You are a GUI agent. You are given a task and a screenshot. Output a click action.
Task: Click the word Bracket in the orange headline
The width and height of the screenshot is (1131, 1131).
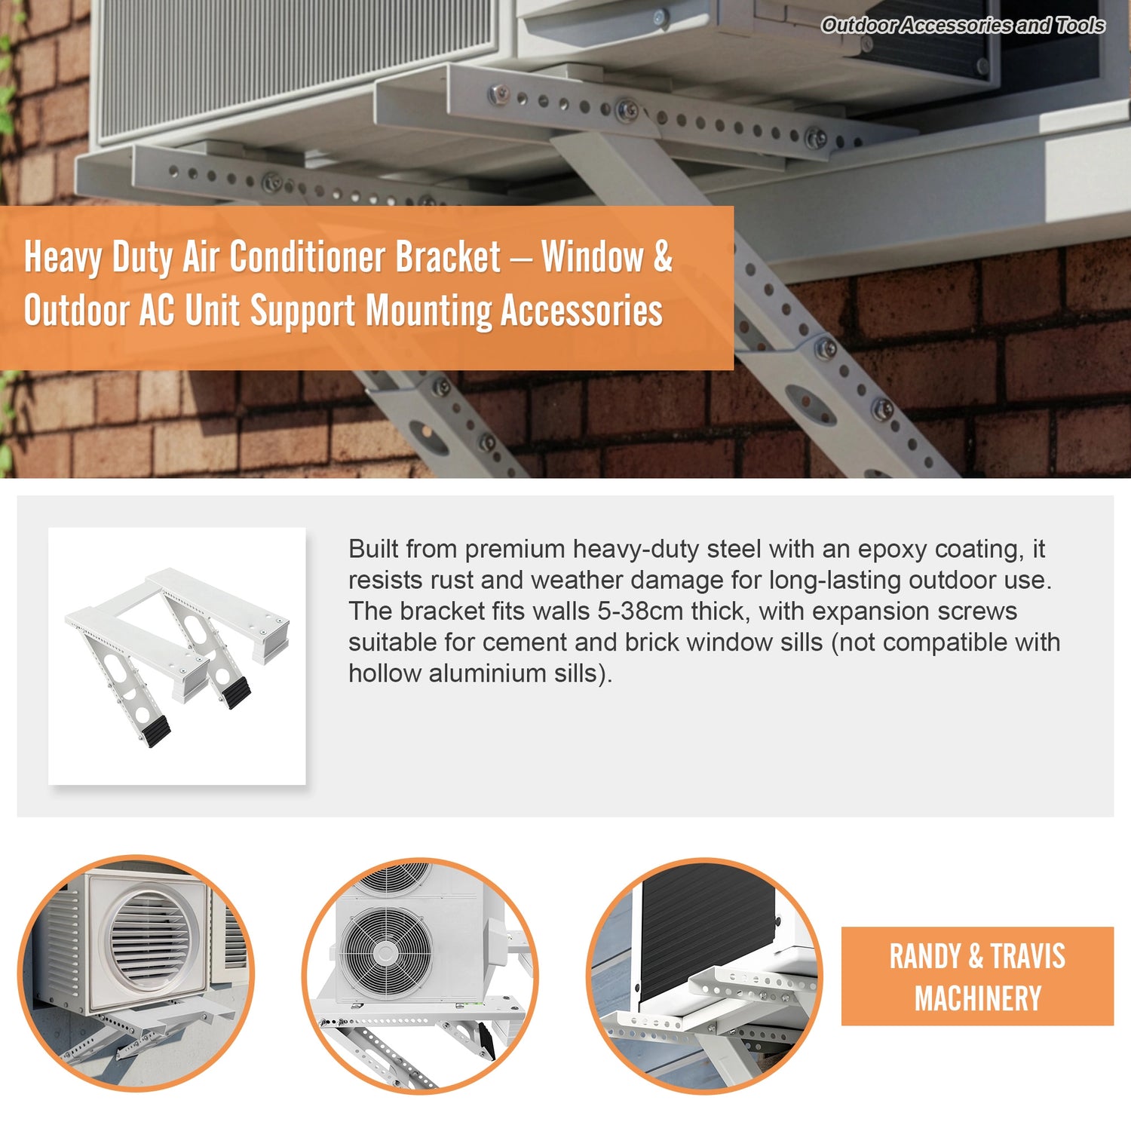coord(448,257)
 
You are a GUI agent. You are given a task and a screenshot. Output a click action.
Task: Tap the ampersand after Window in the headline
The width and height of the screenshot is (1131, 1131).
coord(662,257)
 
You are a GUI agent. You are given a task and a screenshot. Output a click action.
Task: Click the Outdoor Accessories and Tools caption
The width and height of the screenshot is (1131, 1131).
coord(963,25)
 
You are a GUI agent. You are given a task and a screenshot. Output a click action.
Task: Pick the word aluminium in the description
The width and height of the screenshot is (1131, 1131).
coord(489,673)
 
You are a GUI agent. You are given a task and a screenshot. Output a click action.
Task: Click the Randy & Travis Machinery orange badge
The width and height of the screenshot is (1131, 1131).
coord(977,976)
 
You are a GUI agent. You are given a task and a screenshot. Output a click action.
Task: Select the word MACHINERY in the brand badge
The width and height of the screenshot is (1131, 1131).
coord(978,998)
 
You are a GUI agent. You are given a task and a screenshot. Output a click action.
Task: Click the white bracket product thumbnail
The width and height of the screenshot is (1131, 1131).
coord(177,656)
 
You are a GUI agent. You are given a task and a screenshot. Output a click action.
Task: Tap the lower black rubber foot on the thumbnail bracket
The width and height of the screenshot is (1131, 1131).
coord(156,731)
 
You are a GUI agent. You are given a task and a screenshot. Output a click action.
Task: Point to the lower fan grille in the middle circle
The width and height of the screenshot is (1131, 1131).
coord(385,953)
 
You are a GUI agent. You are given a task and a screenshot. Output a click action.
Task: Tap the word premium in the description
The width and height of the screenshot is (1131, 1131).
coord(514,550)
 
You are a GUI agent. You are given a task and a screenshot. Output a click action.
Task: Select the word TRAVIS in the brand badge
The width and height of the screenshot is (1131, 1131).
coord(1028,956)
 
